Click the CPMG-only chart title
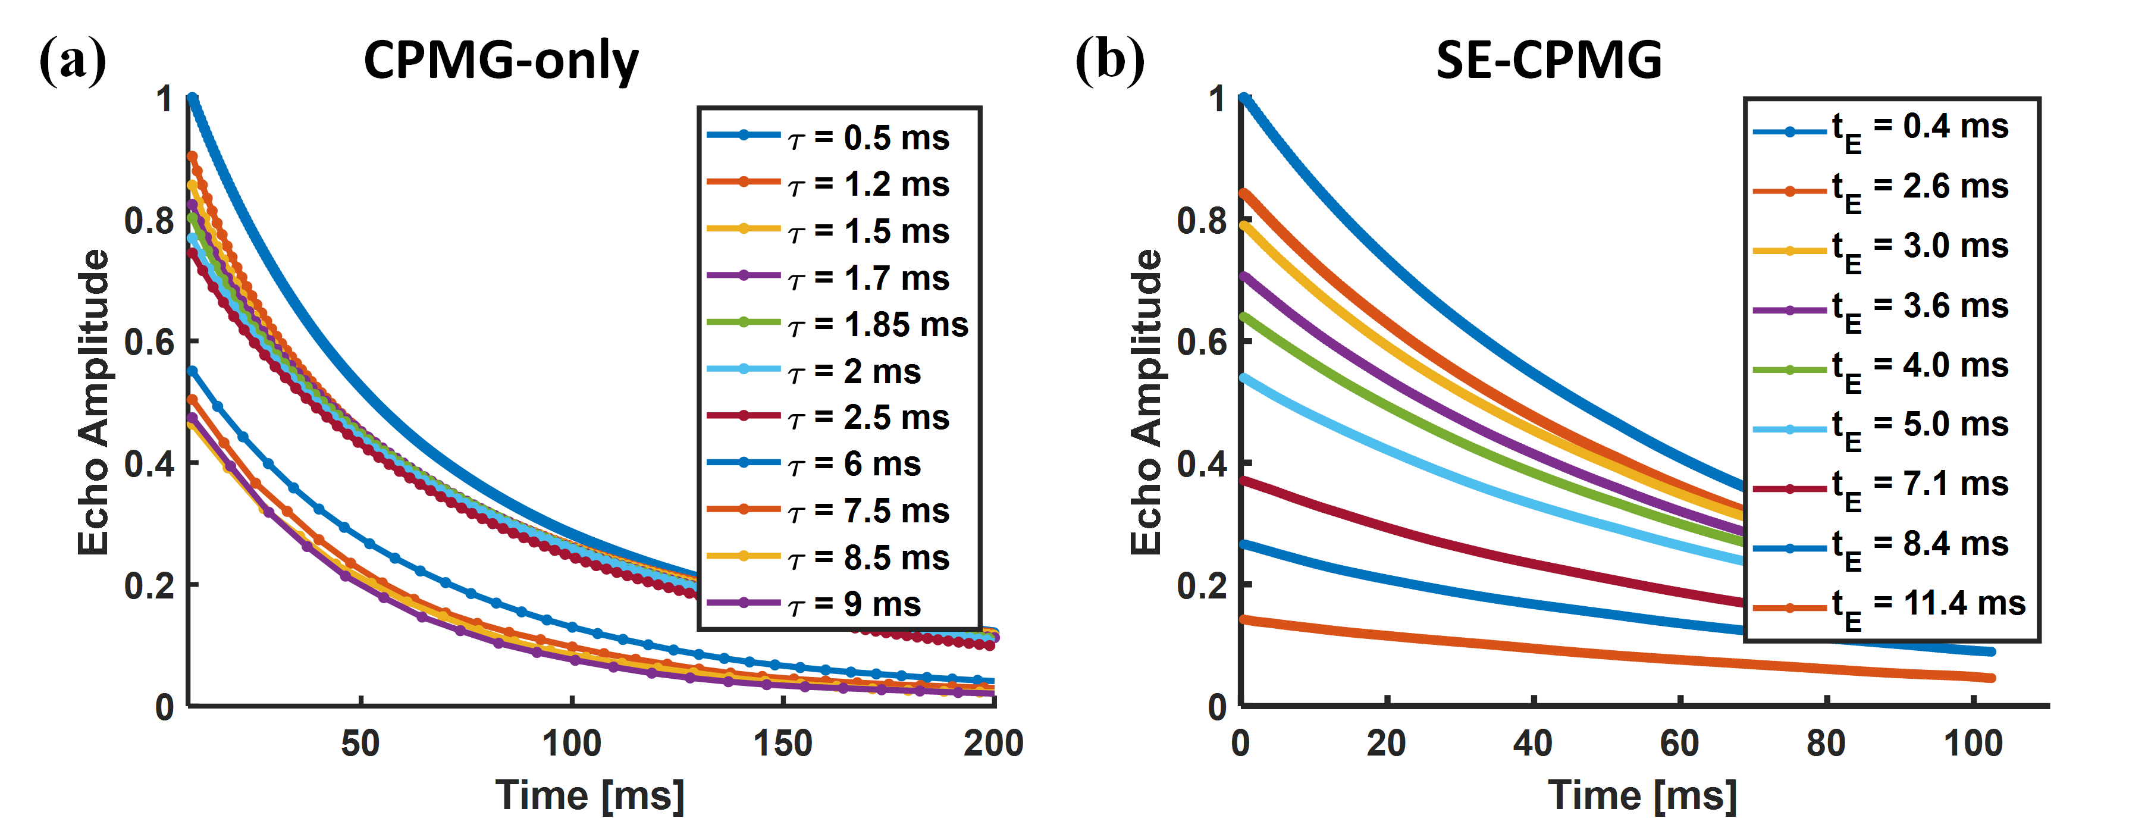click(x=501, y=61)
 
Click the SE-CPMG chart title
click(x=1548, y=61)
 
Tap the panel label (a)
click(x=73, y=60)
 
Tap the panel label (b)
click(x=1109, y=60)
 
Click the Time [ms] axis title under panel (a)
click(x=589, y=795)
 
